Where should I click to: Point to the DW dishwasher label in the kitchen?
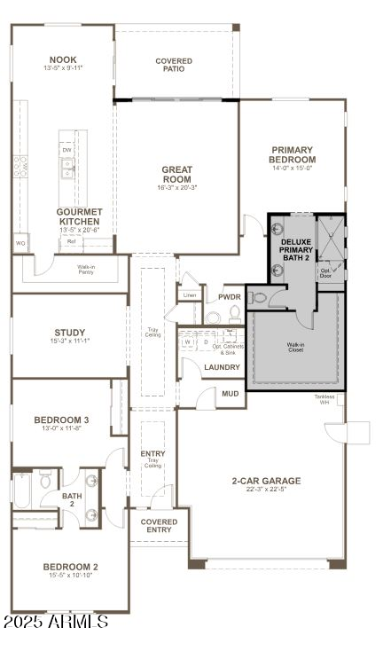click(x=67, y=151)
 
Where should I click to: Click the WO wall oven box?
click(x=20, y=242)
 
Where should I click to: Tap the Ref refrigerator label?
click(x=71, y=241)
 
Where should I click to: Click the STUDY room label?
click(x=70, y=333)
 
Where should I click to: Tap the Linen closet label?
click(x=190, y=294)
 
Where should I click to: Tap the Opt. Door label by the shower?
click(x=326, y=272)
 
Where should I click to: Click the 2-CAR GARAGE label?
click(x=266, y=481)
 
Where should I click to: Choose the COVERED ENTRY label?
click(x=159, y=526)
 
